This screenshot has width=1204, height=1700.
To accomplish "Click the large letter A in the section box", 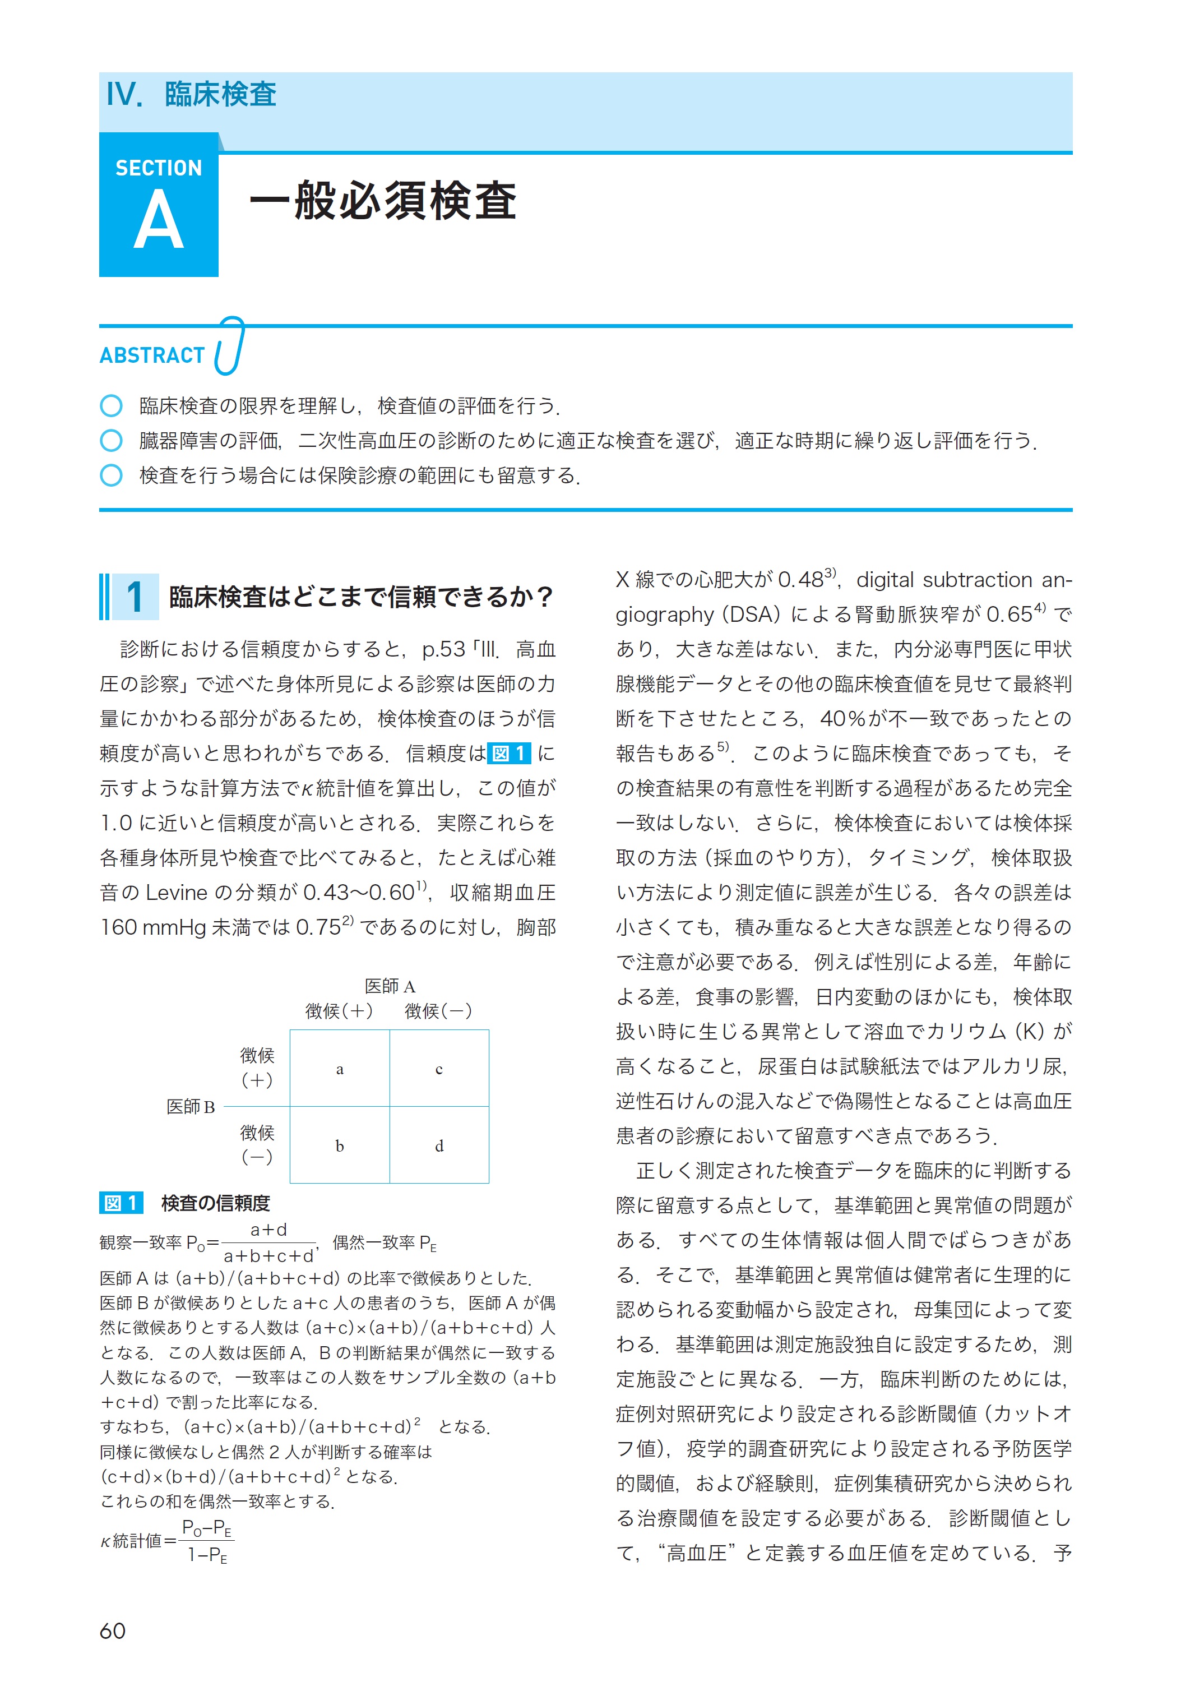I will point(159,221).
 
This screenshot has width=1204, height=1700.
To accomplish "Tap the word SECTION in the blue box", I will point(159,168).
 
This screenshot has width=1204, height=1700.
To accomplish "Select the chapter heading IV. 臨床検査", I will point(191,95).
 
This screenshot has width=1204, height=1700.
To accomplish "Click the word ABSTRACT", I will point(152,356).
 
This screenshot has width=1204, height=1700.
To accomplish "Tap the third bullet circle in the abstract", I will point(111,475).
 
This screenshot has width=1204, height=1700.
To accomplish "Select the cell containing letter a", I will point(340,1068).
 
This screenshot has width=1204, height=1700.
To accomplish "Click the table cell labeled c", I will point(439,1068).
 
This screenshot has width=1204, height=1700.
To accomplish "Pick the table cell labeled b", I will point(340,1145).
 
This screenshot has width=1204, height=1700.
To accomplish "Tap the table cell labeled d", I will point(439,1145).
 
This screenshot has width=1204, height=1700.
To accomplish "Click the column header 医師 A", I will point(390,986).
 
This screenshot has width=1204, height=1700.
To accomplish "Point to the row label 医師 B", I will point(191,1107).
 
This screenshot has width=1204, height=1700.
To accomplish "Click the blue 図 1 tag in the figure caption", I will point(121,1203).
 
